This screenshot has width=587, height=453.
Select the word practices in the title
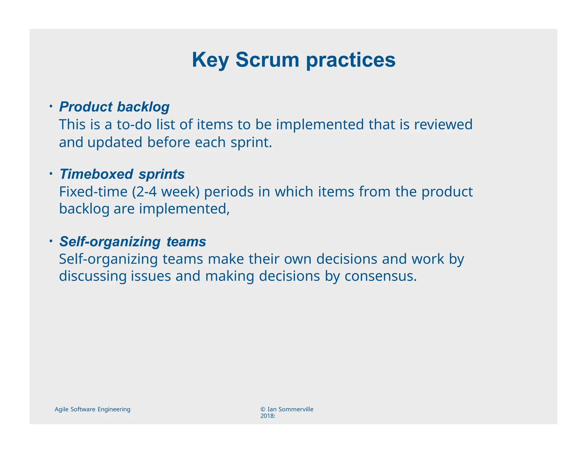pyautogui.click(x=351, y=60)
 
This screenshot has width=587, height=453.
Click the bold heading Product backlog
pyautogui.click(x=114, y=107)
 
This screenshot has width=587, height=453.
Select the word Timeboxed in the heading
pyautogui.click(x=96, y=174)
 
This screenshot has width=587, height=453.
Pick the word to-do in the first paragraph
pyautogui.click(x=134, y=125)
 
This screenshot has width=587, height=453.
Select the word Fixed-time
pyautogui.click(x=93, y=192)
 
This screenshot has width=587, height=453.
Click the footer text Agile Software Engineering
pyautogui.click(x=92, y=409)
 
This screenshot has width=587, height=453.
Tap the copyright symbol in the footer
pyautogui.click(x=263, y=409)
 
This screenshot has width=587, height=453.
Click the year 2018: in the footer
pyautogui.click(x=267, y=416)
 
